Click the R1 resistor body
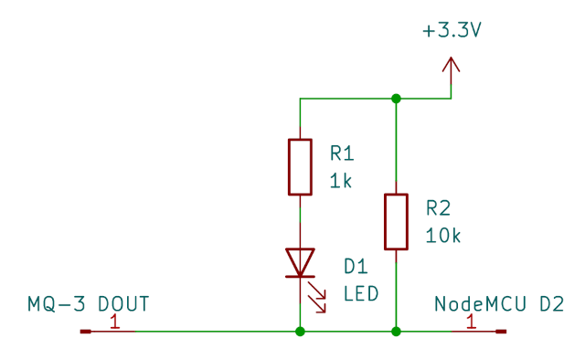300,167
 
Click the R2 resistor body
396,221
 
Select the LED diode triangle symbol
300,262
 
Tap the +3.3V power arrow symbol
451,69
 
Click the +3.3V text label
452,31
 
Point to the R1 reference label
341,153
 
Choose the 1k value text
341,180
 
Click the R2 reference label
438,207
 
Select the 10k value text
442,235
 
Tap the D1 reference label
355,266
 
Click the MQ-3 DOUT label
88,303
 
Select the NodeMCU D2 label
498,303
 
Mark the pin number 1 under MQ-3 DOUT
114,322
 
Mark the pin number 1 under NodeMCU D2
471,322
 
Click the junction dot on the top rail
396,98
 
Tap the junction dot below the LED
300,332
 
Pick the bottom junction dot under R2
396,332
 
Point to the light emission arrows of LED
317,298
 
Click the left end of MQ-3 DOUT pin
84,332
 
